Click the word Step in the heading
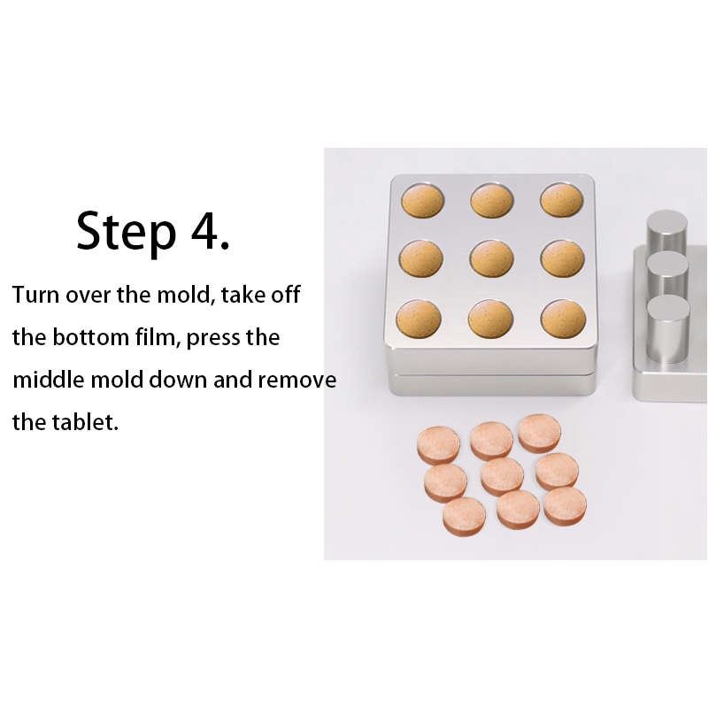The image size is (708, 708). [x=126, y=234]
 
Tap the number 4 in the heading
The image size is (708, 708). [x=205, y=230]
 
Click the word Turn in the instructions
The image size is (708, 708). [x=35, y=295]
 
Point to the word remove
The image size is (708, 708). [x=297, y=381]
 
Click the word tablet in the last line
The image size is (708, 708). [x=85, y=422]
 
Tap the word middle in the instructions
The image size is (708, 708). [x=49, y=380]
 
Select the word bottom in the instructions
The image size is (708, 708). [x=91, y=337]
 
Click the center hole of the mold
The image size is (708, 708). [x=492, y=258]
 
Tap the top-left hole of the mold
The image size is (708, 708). [x=423, y=201]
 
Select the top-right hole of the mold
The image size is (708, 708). [x=562, y=201]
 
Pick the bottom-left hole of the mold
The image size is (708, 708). [x=419, y=319]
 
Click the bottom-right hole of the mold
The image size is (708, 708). [x=563, y=319]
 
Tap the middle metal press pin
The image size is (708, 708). [x=667, y=274]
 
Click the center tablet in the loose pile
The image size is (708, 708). [x=502, y=477]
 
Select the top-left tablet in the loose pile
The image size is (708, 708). [x=438, y=446]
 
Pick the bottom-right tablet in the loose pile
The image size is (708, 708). [x=565, y=506]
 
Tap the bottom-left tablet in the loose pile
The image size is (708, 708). [x=464, y=517]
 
